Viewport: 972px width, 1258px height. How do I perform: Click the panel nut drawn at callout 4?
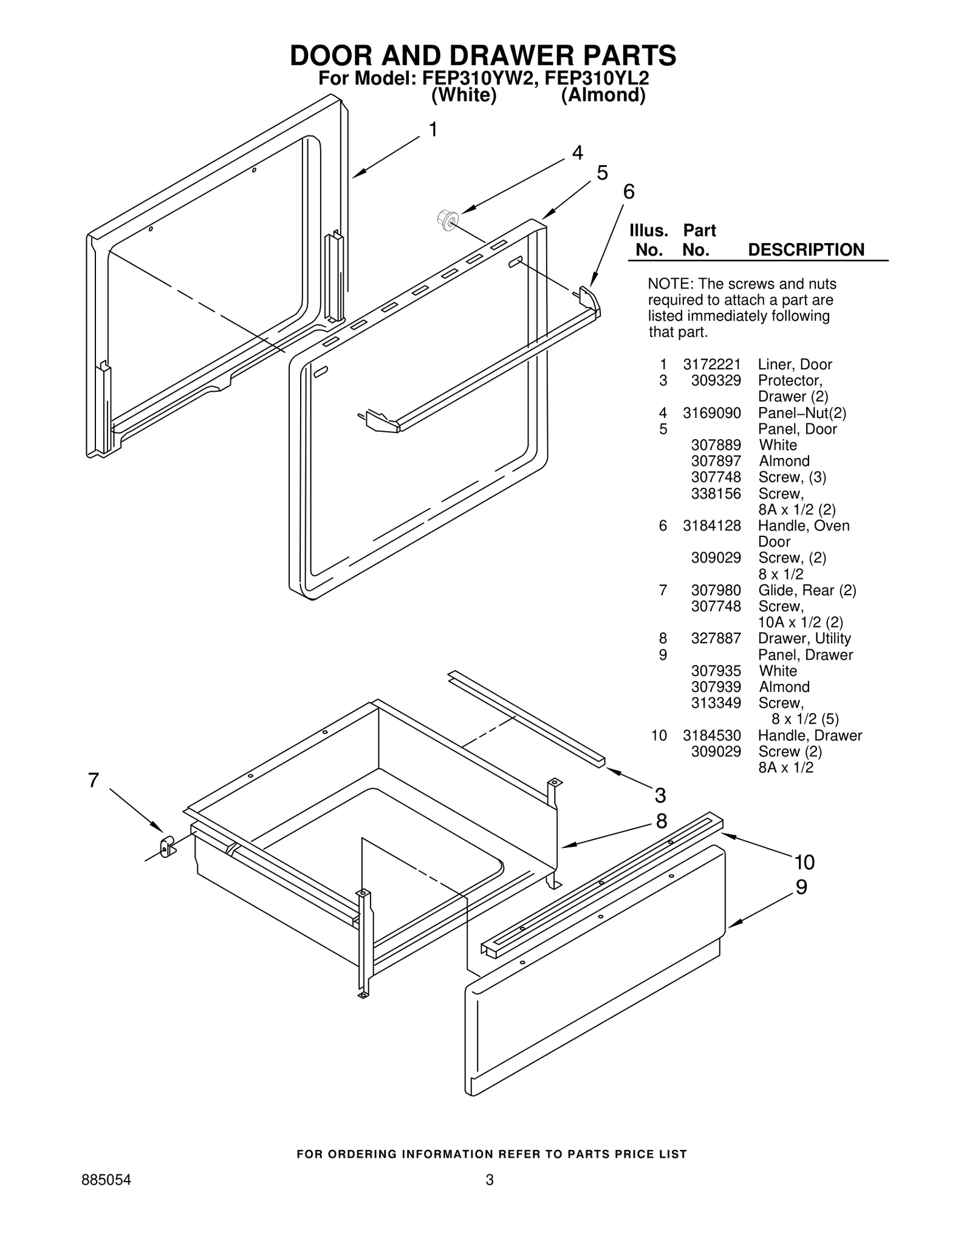tap(447, 220)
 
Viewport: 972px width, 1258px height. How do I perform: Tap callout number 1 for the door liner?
tap(433, 130)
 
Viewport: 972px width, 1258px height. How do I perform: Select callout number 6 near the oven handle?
tap(629, 192)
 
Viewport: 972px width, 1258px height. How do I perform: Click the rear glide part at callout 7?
tap(166, 846)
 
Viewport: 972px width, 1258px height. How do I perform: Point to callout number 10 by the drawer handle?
tap(804, 862)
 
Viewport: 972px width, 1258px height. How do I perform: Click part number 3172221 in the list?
tap(711, 364)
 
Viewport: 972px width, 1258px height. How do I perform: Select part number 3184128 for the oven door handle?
tap(711, 526)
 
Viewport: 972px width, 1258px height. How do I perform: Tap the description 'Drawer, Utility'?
tap(804, 638)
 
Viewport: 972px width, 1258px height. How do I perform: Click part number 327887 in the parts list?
tap(716, 638)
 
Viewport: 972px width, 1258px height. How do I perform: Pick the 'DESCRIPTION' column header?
tap(806, 250)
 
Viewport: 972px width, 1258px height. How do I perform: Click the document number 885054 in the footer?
tap(106, 1180)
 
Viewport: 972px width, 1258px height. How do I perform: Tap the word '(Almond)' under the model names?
tap(603, 96)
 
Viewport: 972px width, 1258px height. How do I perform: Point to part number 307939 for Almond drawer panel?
tap(716, 687)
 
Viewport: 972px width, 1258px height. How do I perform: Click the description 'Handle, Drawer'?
tap(810, 736)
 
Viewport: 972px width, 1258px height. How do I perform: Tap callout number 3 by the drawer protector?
tap(660, 795)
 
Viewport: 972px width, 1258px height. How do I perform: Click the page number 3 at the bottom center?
tap(489, 1180)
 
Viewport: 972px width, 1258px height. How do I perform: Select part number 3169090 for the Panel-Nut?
tap(711, 413)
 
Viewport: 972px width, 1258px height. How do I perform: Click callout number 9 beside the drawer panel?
tap(801, 887)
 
